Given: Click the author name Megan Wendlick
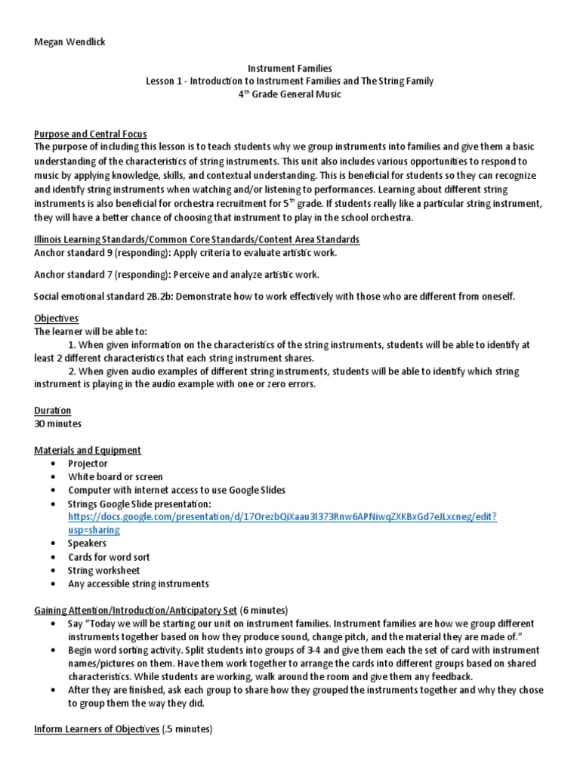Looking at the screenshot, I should coord(69,42).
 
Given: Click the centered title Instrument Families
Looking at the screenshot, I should coord(289,68).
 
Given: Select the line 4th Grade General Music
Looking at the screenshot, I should coord(289,94).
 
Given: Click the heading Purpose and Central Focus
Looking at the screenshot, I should coord(91,134).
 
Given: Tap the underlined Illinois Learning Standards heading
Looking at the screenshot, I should coord(197,239).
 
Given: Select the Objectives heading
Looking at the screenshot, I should coord(57,319).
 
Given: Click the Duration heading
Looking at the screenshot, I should coord(53,411).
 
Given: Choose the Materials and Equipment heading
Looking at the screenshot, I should coord(88,450).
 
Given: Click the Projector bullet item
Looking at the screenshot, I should coord(88,463).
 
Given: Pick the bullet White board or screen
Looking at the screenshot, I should coord(115,477).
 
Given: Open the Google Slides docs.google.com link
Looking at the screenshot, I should coord(282,516).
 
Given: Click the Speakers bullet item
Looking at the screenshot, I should coord(87,543).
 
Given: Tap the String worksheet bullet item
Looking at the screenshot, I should coord(103,570).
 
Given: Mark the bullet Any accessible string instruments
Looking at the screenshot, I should coord(138,584).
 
